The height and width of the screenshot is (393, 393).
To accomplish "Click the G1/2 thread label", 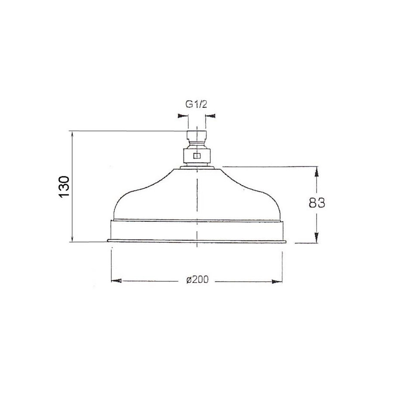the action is click(x=196, y=104).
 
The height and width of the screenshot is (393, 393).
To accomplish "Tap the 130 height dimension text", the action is click(x=64, y=187).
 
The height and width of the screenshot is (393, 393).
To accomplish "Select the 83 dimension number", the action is click(x=317, y=203).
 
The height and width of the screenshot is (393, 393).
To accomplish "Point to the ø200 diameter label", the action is click(x=197, y=279).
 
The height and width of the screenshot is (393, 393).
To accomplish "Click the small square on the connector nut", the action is click(x=197, y=156).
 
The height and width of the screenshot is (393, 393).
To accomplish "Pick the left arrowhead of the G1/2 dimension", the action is click(x=183, y=116).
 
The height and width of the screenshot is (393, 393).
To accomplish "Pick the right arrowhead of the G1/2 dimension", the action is click(x=210, y=116).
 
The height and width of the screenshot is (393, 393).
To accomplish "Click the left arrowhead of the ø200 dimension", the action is click(x=116, y=280).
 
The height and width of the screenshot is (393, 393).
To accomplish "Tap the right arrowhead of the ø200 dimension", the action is click(x=277, y=282).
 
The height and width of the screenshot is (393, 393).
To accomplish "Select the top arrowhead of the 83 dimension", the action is click(x=317, y=172).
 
